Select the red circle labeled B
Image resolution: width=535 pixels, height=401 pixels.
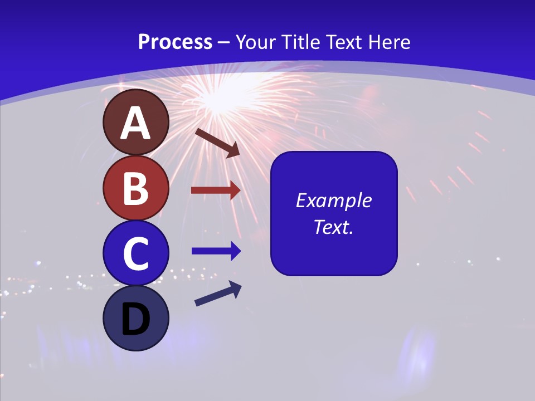click(x=135, y=188)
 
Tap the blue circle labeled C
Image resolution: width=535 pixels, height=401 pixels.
click(x=135, y=253)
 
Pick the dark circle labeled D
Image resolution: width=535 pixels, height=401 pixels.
click(x=135, y=318)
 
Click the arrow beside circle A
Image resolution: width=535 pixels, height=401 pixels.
click(x=217, y=143)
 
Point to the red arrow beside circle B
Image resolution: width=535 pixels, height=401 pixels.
click(x=216, y=190)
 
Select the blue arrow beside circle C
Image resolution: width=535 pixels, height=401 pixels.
click(x=216, y=251)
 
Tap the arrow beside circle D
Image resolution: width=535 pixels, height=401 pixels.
click(x=218, y=294)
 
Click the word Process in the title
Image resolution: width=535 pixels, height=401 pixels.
click(x=175, y=42)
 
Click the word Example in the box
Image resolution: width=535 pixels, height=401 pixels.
click(x=333, y=200)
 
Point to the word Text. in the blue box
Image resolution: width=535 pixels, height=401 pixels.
click(x=333, y=227)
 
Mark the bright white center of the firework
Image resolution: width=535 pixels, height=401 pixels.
click(x=223, y=98)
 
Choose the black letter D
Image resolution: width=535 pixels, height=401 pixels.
click(x=135, y=320)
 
